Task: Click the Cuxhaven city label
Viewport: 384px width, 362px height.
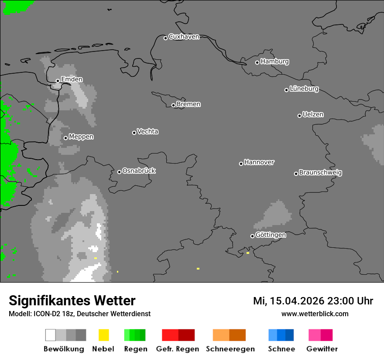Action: click(184, 37)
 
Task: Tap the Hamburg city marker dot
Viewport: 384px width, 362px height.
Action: click(257, 62)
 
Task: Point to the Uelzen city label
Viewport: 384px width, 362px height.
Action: click(313, 115)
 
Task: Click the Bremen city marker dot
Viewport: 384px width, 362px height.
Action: click(173, 105)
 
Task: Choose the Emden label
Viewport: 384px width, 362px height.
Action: click(72, 79)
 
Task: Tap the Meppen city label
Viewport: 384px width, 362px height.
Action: click(81, 137)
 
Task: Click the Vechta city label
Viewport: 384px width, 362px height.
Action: click(147, 132)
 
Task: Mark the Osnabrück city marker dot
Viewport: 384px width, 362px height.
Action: click(119, 172)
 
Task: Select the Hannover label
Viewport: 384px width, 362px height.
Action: click(259, 162)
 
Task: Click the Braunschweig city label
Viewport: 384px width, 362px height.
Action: click(320, 173)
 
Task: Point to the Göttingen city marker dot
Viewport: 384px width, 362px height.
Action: click(252, 236)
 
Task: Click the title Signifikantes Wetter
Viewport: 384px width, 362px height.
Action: click(72, 301)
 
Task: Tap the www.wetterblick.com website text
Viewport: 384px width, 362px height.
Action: click(315, 314)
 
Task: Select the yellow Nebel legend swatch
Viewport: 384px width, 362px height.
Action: click(103, 335)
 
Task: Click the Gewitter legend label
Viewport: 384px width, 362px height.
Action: click(322, 349)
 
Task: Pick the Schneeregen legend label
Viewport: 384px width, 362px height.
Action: click(230, 349)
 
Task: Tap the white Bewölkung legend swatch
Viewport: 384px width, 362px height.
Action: click(50, 335)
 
